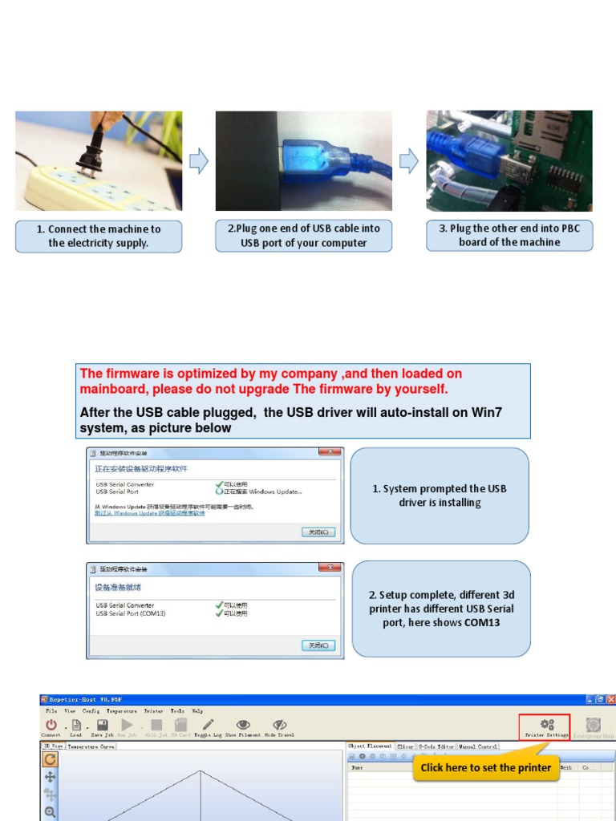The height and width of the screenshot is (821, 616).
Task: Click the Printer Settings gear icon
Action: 545,724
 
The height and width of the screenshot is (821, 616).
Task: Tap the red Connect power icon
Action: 51,724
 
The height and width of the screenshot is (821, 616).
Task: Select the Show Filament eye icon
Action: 242,724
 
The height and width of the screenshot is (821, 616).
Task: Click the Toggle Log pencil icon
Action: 209,724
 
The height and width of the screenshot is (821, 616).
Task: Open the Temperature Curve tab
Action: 91,746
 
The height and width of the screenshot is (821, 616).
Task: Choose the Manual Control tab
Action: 477,746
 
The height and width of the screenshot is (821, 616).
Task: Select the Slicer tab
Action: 405,746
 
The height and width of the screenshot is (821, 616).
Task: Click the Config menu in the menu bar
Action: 91,711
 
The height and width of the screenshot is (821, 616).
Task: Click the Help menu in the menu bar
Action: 197,711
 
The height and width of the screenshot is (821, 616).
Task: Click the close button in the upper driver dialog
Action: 318,532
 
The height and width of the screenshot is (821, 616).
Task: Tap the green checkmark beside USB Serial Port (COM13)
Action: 219,613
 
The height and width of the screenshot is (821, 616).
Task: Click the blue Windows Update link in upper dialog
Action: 150,512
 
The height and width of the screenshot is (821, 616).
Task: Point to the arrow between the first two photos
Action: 198,161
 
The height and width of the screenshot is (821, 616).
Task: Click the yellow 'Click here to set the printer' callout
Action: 485,768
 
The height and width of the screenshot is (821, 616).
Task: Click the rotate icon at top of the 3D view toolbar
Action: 50,759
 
